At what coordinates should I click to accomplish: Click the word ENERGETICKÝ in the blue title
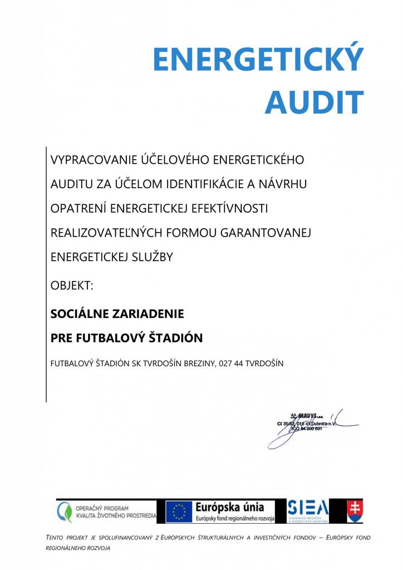tap(258, 60)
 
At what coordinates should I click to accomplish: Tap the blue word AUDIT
tap(314, 102)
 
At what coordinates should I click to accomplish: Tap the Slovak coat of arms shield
tap(355, 511)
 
